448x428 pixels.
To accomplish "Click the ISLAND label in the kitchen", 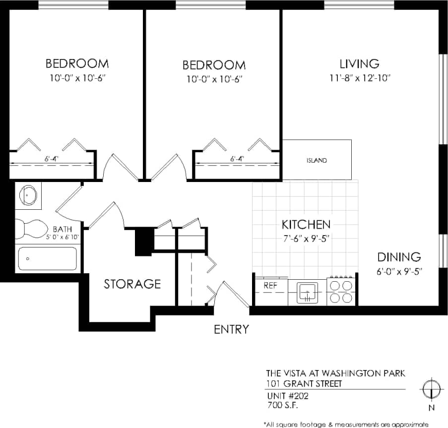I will [x=317, y=161].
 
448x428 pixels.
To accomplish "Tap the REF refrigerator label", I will [x=270, y=286].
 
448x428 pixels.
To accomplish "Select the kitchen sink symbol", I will [x=307, y=292].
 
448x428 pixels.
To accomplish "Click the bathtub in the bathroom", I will [x=48, y=258].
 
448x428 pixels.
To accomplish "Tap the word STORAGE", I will [x=132, y=284].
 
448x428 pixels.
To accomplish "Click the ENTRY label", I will [x=231, y=329].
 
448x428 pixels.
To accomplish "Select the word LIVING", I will [x=360, y=64].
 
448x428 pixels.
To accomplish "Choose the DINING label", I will [x=399, y=257].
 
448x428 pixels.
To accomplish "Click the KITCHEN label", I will [x=306, y=224].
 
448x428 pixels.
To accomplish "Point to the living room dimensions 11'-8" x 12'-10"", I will [x=360, y=78].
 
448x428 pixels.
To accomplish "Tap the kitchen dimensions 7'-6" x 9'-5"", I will [x=306, y=238].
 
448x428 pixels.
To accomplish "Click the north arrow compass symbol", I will [x=431, y=387].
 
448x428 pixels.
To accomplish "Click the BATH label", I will [x=62, y=229].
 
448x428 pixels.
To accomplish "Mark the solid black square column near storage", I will [x=143, y=241].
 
